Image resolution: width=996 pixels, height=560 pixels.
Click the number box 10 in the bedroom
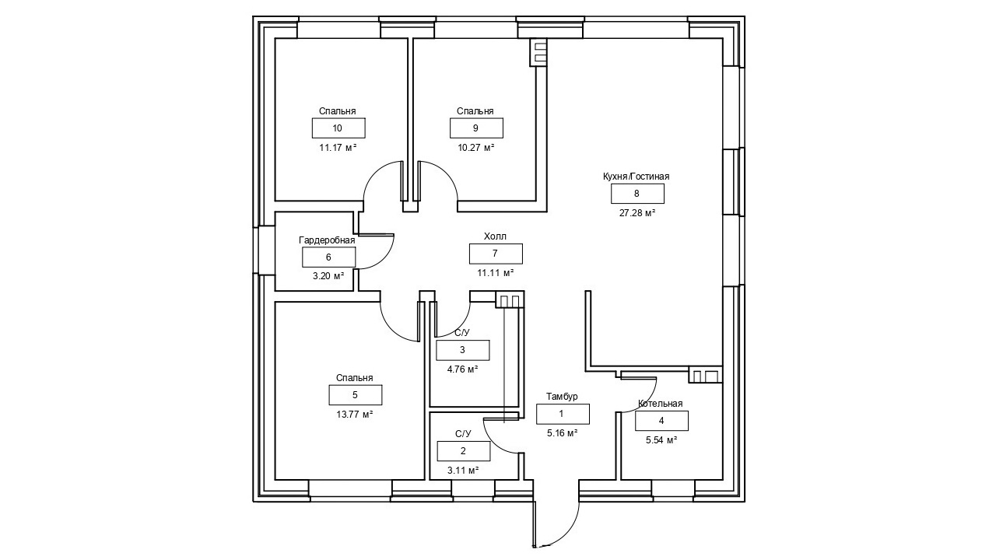coord(338,128)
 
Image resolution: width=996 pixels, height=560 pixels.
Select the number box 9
coord(476,128)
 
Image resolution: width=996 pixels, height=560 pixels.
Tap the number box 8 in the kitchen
coord(637,194)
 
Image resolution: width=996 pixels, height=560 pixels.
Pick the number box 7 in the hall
coord(496,254)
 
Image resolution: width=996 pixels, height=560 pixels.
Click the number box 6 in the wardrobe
coord(328,257)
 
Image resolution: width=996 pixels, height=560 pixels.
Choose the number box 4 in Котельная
coord(661,421)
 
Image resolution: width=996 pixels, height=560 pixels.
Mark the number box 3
coord(462,350)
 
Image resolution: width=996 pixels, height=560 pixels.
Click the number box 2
coord(463,451)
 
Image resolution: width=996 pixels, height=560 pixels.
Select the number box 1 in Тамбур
coord(563,415)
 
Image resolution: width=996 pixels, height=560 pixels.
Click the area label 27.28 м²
coord(637,212)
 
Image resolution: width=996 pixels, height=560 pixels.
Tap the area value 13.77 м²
coord(355,415)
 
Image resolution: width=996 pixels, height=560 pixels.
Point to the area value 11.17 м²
coord(338,147)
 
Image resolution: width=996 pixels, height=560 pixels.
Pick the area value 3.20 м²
coord(328,276)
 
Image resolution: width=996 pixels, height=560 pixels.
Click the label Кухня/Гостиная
coord(637,177)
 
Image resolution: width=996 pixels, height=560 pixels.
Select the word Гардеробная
coord(327,240)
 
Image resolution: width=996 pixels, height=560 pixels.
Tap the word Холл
coord(495,236)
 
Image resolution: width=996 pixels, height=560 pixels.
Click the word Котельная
coord(660,404)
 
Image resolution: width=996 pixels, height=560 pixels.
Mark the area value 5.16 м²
coord(562,433)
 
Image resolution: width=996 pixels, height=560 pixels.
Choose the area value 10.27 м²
coord(476,147)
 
